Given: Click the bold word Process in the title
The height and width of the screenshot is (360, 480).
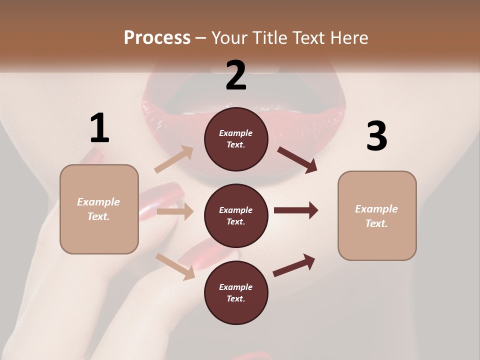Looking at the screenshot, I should [157, 38].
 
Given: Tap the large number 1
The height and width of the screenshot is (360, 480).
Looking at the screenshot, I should [99, 128].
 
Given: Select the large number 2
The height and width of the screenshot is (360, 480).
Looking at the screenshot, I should [236, 75].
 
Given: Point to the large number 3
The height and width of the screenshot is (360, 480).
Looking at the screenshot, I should [376, 136].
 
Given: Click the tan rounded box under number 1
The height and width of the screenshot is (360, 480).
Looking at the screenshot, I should [99, 209].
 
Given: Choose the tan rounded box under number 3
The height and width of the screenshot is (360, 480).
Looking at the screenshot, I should [377, 216].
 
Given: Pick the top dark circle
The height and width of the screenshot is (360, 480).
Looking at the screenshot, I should [236, 139].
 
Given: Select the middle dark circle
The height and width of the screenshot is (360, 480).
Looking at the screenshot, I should [236, 215].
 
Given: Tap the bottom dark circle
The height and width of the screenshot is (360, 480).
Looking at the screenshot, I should [236, 292].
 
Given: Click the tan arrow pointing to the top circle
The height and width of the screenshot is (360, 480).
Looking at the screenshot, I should [174, 159].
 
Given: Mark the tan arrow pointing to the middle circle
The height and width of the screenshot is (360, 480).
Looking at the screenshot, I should [175, 211].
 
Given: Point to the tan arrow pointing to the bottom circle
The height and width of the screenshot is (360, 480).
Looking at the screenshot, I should [175, 266].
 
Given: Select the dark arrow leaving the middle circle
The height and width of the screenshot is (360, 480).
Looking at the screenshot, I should [296, 210].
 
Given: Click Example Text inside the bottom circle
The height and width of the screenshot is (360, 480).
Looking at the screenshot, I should [236, 292].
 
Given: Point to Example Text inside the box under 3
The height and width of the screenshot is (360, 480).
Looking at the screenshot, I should [377, 216].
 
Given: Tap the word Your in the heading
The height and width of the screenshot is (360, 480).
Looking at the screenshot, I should [229, 38].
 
